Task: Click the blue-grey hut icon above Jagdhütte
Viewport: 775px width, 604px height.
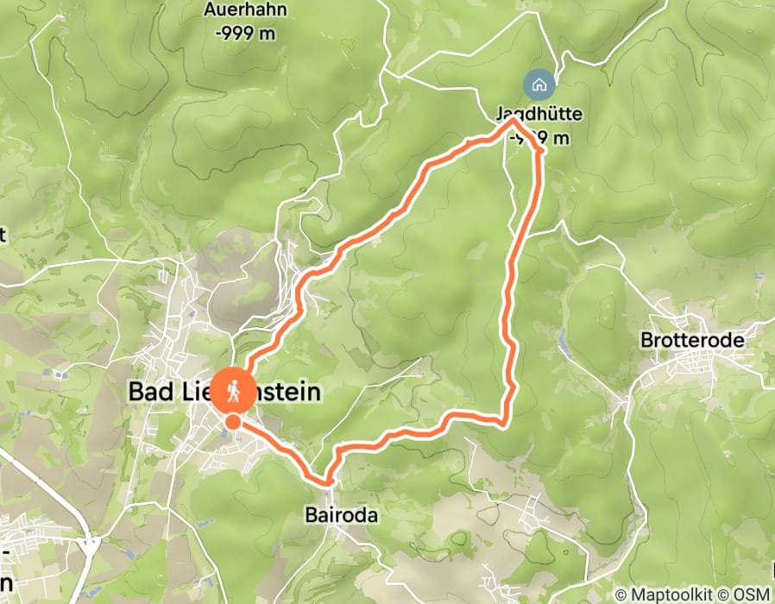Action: (x=539, y=85)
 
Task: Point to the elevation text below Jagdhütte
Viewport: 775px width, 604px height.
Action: (x=542, y=137)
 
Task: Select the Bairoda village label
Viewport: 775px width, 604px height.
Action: (x=342, y=515)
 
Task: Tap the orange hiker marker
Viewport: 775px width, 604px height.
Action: (x=233, y=391)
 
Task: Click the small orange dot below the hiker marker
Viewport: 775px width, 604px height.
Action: (x=233, y=421)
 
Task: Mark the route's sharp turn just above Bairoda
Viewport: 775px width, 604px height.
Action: (x=328, y=480)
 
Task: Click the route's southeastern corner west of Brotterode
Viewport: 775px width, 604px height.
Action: (x=504, y=422)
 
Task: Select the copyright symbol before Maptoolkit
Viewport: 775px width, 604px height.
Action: (x=621, y=595)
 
